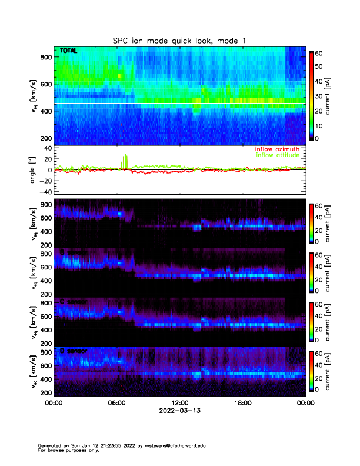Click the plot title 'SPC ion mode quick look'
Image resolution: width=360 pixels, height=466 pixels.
tap(179, 40)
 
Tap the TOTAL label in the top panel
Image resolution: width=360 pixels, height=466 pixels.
tap(68, 51)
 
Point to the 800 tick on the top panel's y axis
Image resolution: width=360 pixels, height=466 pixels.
tap(45, 57)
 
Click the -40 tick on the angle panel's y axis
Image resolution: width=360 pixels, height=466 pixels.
tap(45, 191)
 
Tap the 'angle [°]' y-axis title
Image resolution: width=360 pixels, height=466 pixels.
tap(34, 170)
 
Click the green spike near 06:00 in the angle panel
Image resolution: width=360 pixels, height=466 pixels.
tap(125, 160)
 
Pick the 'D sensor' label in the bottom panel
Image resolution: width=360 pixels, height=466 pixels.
tap(74, 351)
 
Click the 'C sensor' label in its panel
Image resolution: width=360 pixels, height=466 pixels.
tap(74, 302)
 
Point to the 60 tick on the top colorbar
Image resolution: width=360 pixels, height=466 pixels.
tap(320, 53)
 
